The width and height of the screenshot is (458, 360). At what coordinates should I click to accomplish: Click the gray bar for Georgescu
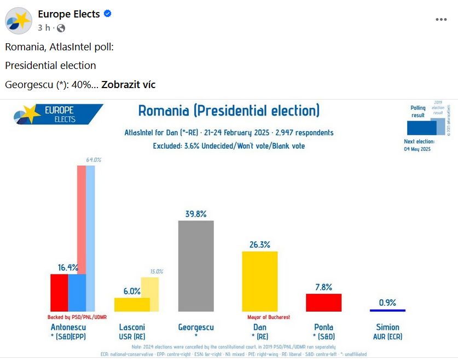pos(196,266)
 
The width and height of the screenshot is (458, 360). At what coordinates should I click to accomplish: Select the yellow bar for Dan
pos(260,281)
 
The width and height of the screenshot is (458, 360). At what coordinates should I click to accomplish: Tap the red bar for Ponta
pos(323,303)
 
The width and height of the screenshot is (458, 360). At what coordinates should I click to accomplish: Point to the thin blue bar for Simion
pos(387,310)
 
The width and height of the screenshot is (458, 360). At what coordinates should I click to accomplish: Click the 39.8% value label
pos(196,214)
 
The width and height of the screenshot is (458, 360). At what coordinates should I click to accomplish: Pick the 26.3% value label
pos(260,245)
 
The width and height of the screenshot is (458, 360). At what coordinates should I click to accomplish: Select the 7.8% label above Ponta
pos(323,287)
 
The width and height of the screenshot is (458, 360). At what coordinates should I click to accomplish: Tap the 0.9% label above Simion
pos(387,303)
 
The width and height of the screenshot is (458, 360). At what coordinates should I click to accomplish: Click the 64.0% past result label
pos(94,160)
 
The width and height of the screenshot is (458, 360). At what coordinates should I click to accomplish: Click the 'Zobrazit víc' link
pos(129,85)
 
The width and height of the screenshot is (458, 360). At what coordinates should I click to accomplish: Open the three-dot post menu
pos(441,20)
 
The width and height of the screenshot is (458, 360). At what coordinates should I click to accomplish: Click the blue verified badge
pos(108,14)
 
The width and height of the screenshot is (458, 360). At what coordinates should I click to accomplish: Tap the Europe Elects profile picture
pos(19,21)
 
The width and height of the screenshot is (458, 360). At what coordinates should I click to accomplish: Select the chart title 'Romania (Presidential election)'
pos(229,111)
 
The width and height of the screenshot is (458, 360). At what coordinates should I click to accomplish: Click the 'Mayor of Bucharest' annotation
pos(269,317)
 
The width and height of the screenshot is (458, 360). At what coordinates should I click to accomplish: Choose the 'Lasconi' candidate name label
pos(132,327)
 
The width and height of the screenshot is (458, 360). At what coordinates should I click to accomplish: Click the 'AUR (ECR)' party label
pos(387,336)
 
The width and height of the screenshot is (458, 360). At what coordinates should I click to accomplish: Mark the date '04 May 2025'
pos(418,149)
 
